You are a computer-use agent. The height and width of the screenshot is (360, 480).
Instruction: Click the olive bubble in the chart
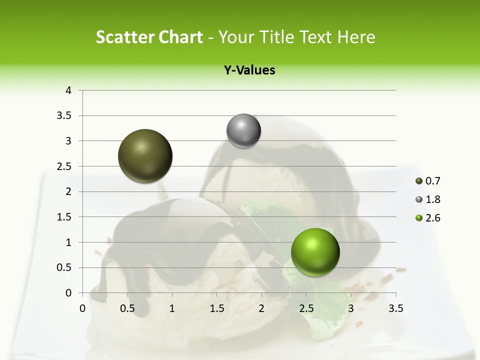pyautogui.click(x=145, y=156)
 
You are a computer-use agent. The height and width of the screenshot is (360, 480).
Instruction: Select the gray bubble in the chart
pyautogui.click(x=243, y=131)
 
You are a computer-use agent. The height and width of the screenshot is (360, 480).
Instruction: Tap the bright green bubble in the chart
pyautogui.click(x=315, y=252)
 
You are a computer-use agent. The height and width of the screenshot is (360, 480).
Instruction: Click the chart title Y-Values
pyautogui.click(x=249, y=70)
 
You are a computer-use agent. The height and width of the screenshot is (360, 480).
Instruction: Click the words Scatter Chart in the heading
pyautogui.click(x=149, y=37)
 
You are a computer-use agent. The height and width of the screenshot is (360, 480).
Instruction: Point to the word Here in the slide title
pyautogui.click(x=355, y=37)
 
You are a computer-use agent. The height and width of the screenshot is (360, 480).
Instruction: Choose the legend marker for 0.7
pyautogui.click(x=419, y=181)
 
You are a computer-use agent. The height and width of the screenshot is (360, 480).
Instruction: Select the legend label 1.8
pyautogui.click(x=432, y=199)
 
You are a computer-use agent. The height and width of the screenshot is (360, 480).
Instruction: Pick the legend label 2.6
pyautogui.click(x=432, y=218)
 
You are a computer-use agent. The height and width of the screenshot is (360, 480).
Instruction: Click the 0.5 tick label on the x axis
pyautogui.click(x=127, y=308)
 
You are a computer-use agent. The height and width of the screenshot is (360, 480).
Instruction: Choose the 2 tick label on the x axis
pyautogui.click(x=261, y=308)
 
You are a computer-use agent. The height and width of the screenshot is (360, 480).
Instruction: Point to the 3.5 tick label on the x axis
pyautogui.click(x=395, y=308)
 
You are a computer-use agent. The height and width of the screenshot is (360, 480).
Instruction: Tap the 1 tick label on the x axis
pyautogui.click(x=172, y=308)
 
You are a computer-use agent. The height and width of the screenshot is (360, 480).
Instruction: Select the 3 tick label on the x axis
pyautogui.click(x=351, y=308)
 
